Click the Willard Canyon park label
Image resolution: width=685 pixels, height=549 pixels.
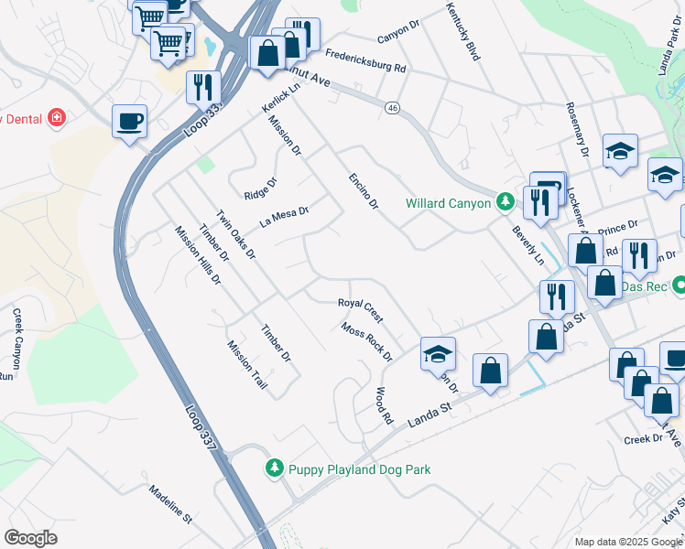[x=449, y=203]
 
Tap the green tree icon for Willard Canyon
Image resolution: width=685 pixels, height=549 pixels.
[x=504, y=202]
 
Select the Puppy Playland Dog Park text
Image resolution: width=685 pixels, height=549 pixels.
[x=359, y=469]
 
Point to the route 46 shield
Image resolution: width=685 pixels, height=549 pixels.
[x=392, y=108]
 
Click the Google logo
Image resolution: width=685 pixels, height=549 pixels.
[x=30, y=537]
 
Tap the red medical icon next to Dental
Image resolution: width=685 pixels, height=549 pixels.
[x=57, y=118]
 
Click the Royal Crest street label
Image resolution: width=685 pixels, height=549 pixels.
[x=360, y=309]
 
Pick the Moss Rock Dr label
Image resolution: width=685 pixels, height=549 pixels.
[x=365, y=341]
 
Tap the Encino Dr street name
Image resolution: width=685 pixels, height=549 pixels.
[x=362, y=191]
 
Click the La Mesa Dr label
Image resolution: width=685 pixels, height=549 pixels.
[x=284, y=216]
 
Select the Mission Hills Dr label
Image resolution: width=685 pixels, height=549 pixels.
[x=198, y=254]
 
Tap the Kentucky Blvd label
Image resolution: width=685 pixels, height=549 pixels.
[x=463, y=31]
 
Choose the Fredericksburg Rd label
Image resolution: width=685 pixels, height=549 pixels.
[x=364, y=60]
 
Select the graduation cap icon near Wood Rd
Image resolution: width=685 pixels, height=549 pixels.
[x=438, y=355]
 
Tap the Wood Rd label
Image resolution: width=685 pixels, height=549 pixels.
[x=384, y=404]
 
